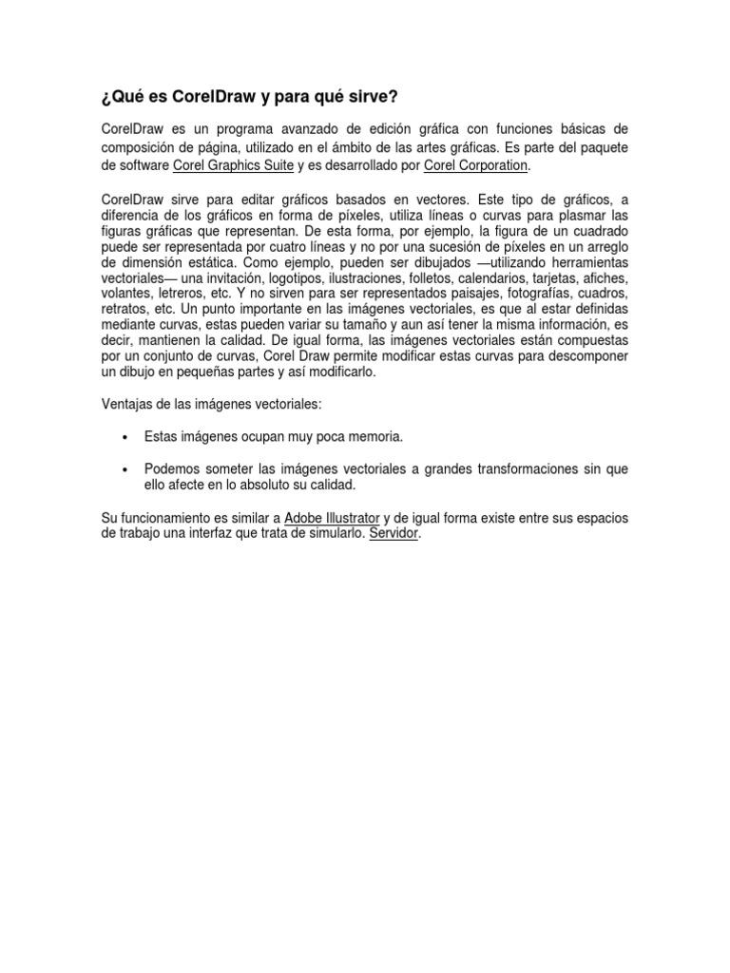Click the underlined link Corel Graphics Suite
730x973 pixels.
(234, 165)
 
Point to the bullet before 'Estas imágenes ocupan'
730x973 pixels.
(125, 437)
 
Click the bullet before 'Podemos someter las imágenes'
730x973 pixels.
(125, 469)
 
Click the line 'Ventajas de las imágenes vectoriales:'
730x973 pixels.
(211, 405)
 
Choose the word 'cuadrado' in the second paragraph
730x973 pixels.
(597, 231)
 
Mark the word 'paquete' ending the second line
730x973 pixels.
(602, 149)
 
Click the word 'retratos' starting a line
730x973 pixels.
(124, 310)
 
